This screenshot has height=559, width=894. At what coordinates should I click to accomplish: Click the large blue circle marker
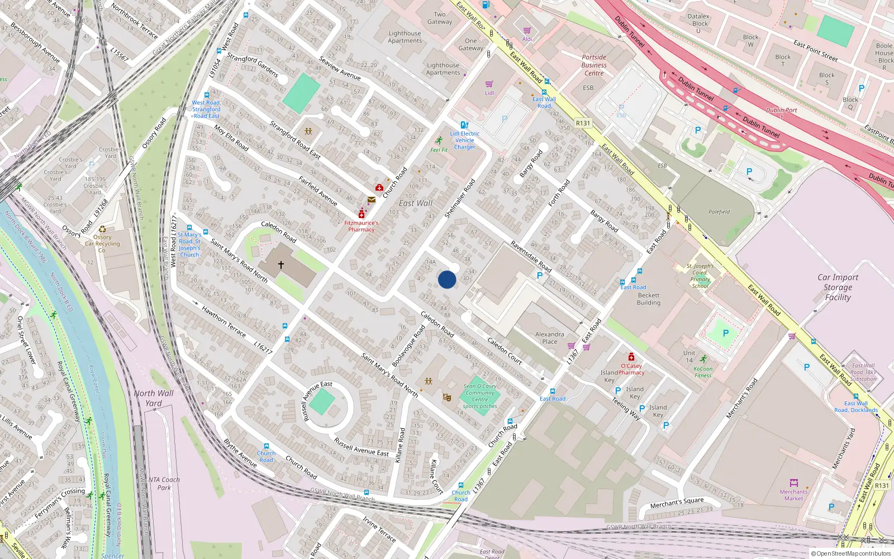pyautogui.click(x=447, y=279)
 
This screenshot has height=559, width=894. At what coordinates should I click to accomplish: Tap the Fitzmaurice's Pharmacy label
pyautogui.click(x=362, y=226)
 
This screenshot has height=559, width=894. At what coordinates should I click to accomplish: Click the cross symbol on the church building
pyautogui.click(x=281, y=264)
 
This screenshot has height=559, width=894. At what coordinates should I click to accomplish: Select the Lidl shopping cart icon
pyautogui.click(x=489, y=84)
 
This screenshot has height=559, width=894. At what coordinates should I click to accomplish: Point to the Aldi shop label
pyautogui.click(x=527, y=39)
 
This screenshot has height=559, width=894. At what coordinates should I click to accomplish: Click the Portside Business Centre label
pyautogui.click(x=594, y=65)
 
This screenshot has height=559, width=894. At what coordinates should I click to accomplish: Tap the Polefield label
pyautogui.click(x=719, y=212)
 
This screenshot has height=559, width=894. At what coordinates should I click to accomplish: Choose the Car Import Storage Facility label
pyautogui.click(x=838, y=287)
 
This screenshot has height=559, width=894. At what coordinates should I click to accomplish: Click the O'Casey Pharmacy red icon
pyautogui.click(x=631, y=357)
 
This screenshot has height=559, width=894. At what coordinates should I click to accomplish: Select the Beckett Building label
pyautogui.click(x=648, y=299)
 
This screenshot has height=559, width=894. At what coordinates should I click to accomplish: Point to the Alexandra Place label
pyautogui.click(x=549, y=338)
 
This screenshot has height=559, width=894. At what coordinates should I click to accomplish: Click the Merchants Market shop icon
pyautogui.click(x=793, y=483)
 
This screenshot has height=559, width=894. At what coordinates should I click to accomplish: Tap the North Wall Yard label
pyautogui.click(x=154, y=397)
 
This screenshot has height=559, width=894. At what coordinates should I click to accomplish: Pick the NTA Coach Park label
pyautogui.click(x=164, y=484)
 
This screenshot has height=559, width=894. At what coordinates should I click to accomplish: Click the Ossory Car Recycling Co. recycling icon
pyautogui.click(x=102, y=229)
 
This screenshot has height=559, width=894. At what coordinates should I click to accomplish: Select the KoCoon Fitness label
pyautogui.click(x=703, y=372)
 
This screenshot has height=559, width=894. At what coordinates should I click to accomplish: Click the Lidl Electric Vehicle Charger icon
pyautogui.click(x=464, y=125)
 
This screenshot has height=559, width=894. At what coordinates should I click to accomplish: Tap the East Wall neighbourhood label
pyautogui.click(x=415, y=203)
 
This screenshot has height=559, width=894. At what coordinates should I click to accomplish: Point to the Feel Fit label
pyautogui.click(x=439, y=150)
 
